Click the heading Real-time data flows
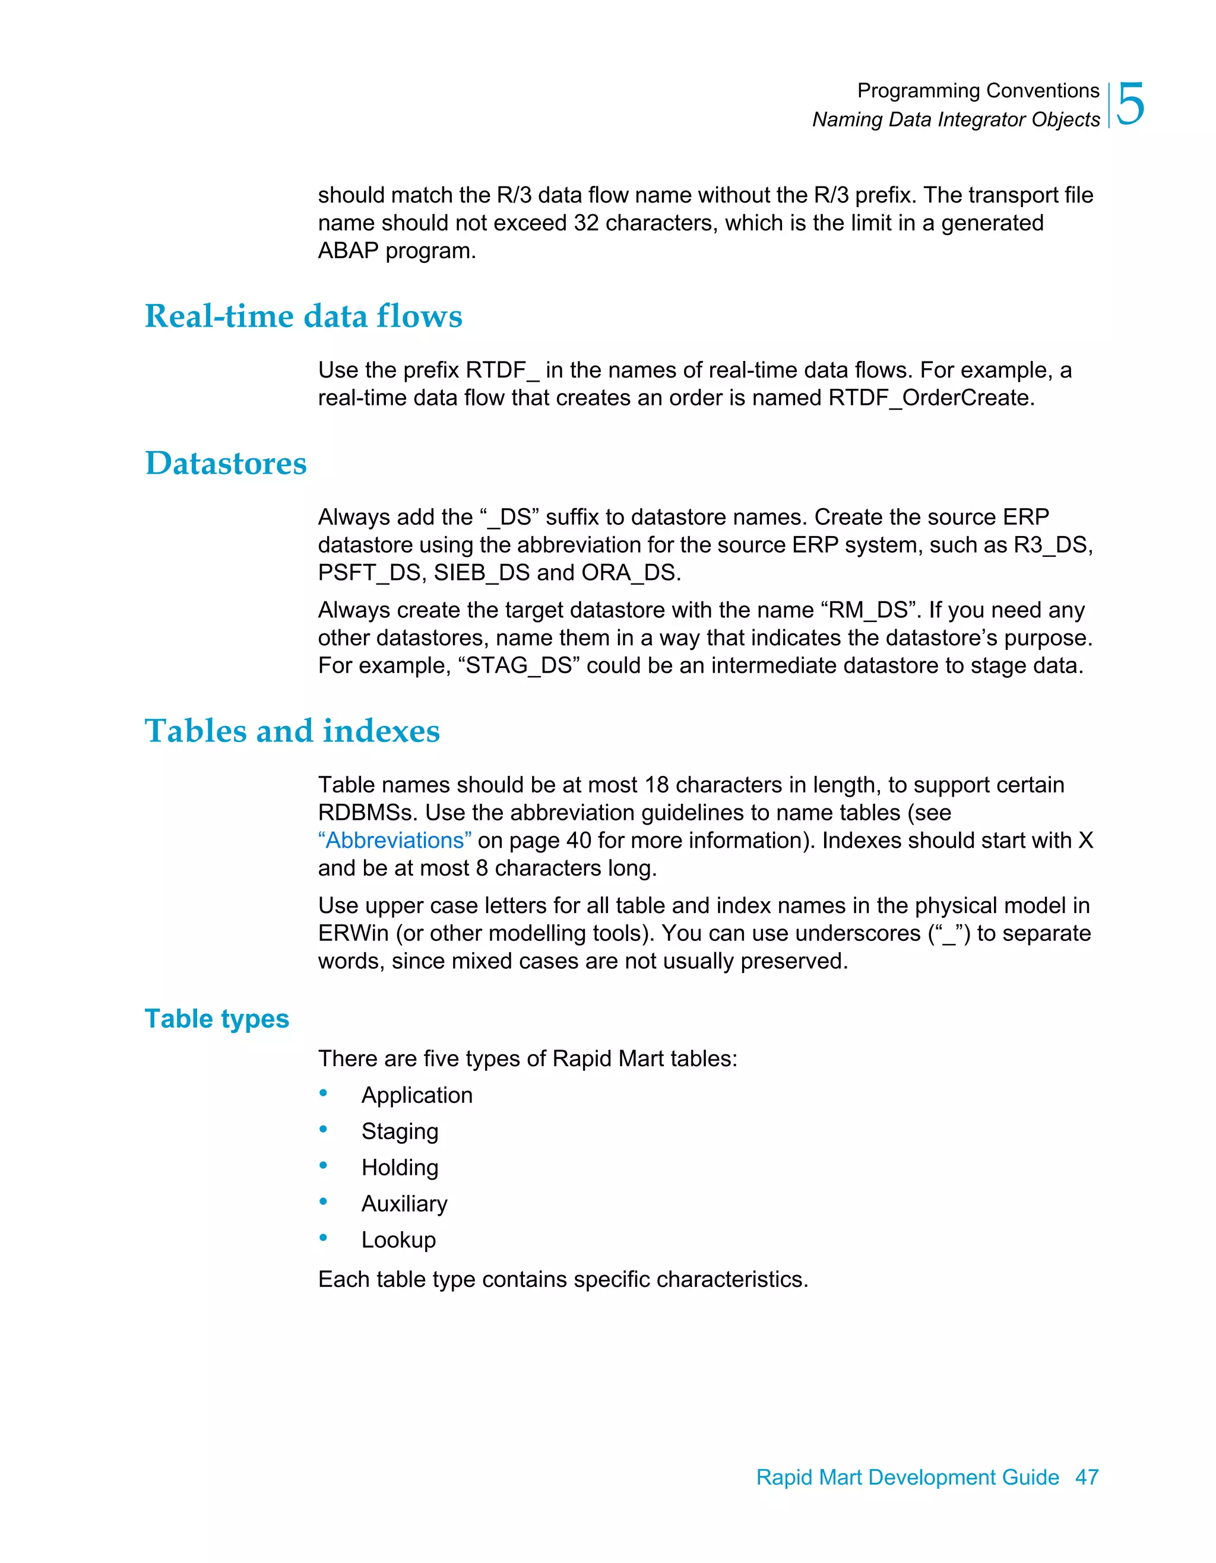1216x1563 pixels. tap(303, 316)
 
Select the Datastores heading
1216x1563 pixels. tap(226, 463)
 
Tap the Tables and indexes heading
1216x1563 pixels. tap(292, 731)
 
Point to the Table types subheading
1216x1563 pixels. tap(217, 1019)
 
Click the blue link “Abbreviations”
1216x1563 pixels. tap(394, 840)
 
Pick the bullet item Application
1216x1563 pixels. tap(417, 1095)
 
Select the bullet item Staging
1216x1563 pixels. tap(400, 1131)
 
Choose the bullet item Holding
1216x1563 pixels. tap(400, 1167)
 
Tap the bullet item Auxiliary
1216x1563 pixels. tap(404, 1204)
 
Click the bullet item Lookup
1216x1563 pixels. tap(398, 1239)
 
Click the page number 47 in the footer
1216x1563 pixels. tap(1087, 1477)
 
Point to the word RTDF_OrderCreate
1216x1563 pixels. tap(930, 398)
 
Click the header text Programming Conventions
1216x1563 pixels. tap(978, 91)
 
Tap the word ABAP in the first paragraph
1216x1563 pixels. tap(348, 251)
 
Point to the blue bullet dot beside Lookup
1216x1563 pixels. tap(324, 1237)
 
